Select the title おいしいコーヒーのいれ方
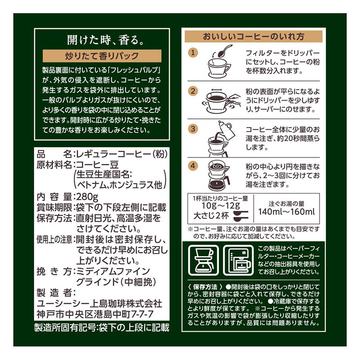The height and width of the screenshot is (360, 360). (253, 36)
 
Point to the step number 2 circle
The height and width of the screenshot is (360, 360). (193, 90)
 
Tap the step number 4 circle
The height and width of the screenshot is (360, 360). (193, 165)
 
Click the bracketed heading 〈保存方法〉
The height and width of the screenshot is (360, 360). (203, 287)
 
